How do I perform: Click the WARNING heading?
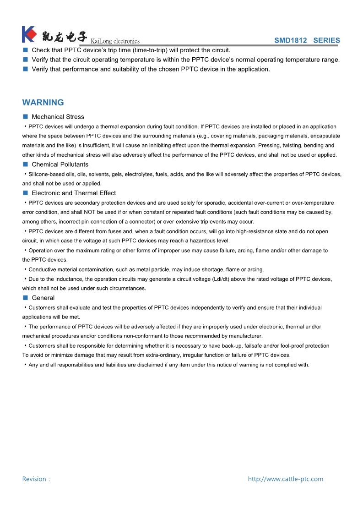[43, 103]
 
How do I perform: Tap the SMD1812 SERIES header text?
[307, 40]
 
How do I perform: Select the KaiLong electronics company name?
[115, 41]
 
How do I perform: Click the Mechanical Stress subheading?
[58, 117]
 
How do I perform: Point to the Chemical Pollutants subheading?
[60, 164]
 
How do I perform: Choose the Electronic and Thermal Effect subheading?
[74, 193]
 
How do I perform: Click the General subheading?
[43, 298]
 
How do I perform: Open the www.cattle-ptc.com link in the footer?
[285, 479]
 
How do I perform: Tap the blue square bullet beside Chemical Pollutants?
[26, 164]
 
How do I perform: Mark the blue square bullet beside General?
[26, 298]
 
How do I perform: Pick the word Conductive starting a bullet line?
[42, 269]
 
